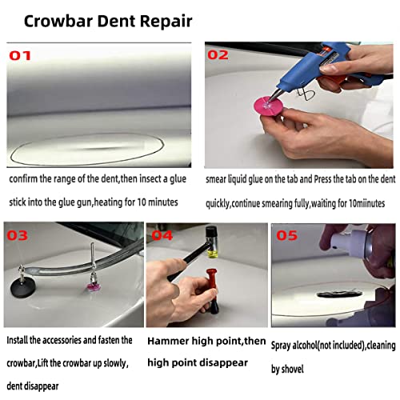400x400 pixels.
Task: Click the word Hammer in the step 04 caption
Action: coord(168,342)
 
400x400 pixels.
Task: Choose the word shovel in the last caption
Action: coord(310,370)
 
